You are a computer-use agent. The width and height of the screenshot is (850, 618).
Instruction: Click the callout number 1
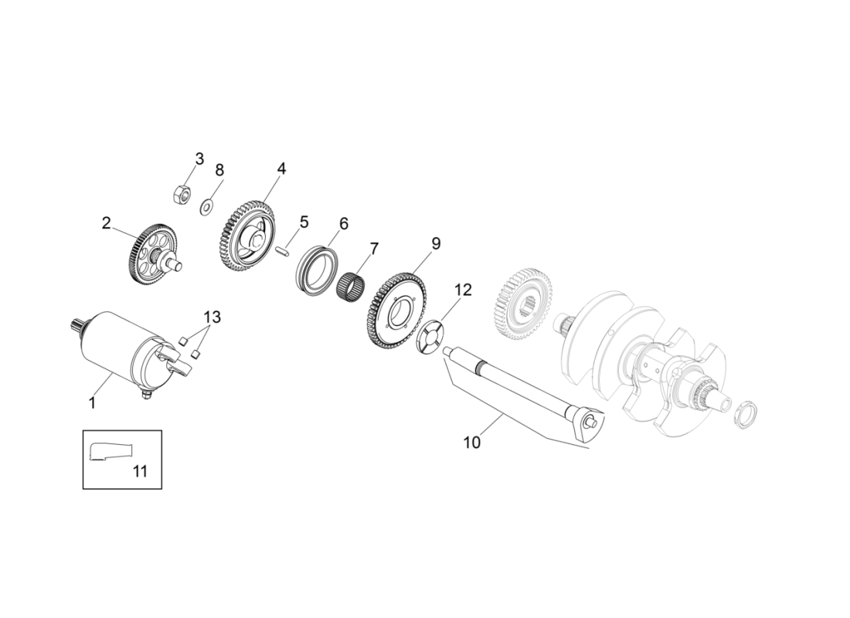92,402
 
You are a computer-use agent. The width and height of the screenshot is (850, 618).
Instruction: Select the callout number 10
471,442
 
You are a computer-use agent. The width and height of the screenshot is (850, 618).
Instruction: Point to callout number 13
212,317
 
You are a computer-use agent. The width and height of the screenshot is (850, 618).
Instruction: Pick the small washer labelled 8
207,207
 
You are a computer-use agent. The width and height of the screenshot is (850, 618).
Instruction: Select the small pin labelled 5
283,250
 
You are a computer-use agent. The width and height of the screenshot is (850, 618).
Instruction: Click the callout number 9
436,243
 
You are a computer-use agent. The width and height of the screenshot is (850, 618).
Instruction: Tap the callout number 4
281,168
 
